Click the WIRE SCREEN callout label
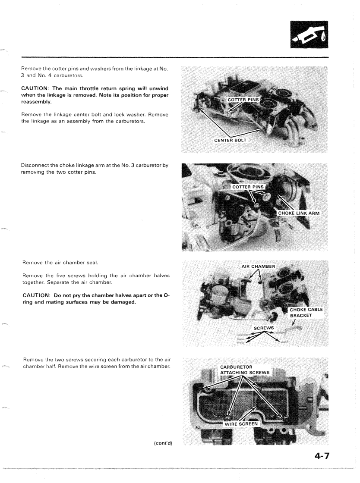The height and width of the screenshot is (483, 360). pos(242,423)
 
